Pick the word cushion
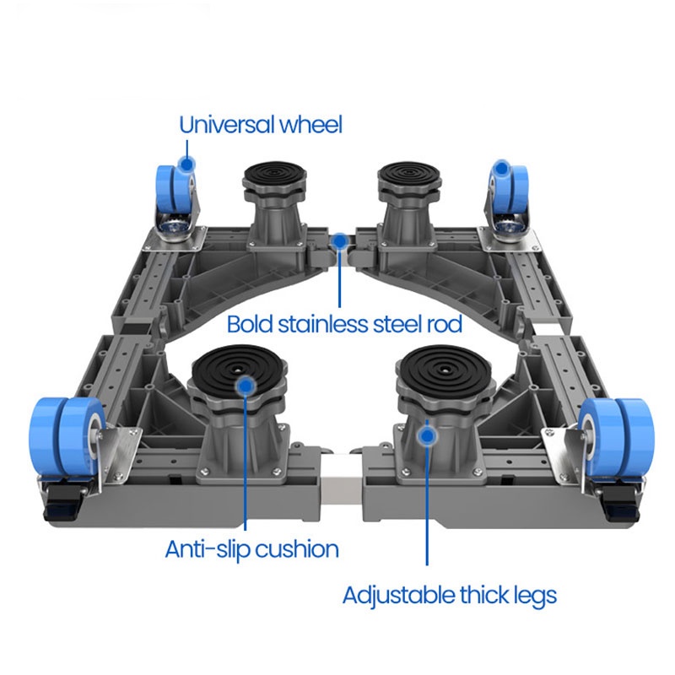[296, 550]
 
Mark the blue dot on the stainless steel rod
[339, 241]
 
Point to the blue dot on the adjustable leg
[428, 435]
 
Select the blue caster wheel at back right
[509, 189]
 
